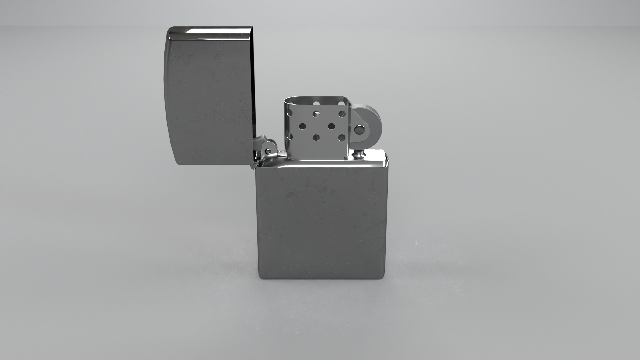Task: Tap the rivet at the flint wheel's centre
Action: (360, 129)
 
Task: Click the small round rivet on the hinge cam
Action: (267, 151)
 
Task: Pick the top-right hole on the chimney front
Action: (342, 114)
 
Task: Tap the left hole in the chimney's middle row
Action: (303, 126)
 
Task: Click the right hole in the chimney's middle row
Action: (331, 126)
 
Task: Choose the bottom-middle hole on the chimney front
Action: (316, 137)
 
